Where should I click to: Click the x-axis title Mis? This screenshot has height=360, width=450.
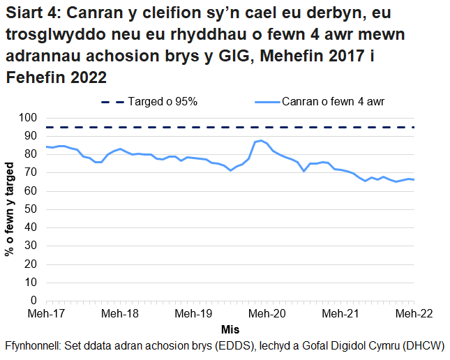[230, 329]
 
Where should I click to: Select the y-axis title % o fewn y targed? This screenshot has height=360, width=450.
[10, 209]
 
